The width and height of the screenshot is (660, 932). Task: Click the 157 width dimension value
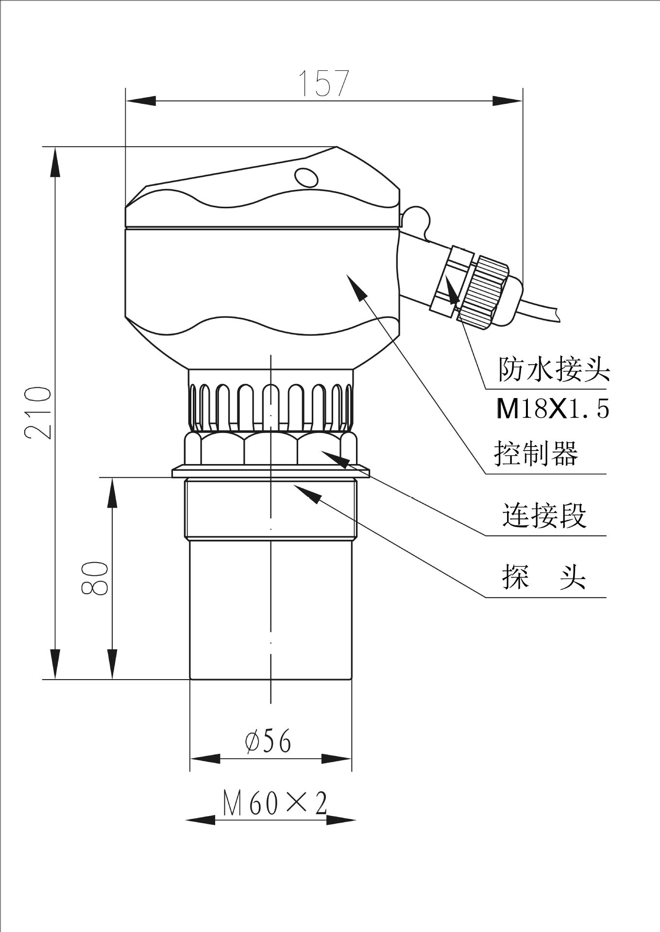pos(323,83)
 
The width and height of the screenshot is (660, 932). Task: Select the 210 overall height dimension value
pos(38,413)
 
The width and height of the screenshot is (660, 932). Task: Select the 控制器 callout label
pos(536,454)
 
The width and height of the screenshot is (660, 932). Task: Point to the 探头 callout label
pos(544,577)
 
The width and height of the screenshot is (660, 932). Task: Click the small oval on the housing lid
pos(307,177)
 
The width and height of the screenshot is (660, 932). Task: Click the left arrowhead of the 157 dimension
pos(141,101)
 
